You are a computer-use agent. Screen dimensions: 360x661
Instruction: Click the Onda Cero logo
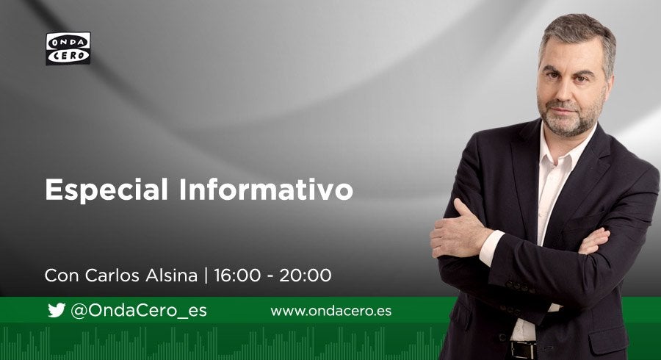[68, 48]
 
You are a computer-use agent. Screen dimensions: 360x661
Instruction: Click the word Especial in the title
[106, 190]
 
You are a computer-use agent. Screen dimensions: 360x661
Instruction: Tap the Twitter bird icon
[56, 310]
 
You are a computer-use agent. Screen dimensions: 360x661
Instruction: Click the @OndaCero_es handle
[139, 311]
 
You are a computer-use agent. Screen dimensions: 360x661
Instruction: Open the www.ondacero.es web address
[330, 311]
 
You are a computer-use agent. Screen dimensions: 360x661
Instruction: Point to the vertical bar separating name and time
[206, 276]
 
